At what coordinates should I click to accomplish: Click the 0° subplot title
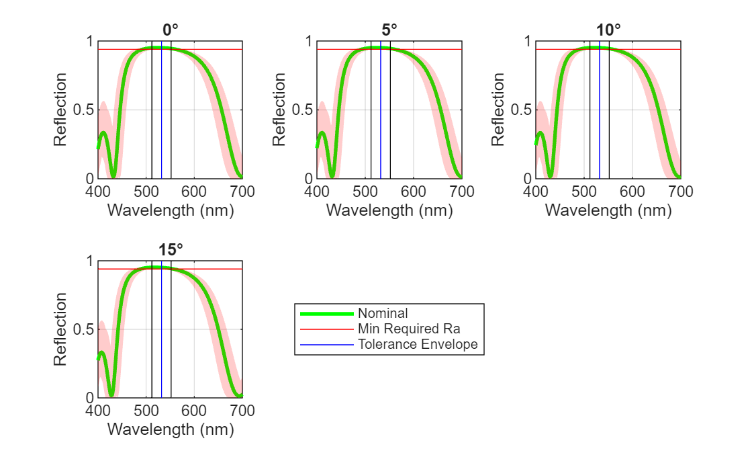point(171,30)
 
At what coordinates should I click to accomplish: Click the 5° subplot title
point(389,30)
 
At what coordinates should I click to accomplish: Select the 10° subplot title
point(608,30)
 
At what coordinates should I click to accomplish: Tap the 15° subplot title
point(171,249)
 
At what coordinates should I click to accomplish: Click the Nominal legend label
point(383,313)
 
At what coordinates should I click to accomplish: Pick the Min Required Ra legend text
point(409,329)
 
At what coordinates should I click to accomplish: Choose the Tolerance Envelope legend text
point(418,344)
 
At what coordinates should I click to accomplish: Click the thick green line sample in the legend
point(326,313)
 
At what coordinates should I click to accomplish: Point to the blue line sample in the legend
point(326,344)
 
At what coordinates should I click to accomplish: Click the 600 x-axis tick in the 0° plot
point(194,192)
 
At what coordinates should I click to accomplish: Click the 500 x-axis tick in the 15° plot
point(146,411)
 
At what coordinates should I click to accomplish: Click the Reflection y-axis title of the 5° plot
point(279,110)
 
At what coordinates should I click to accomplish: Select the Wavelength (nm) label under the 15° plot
point(171,429)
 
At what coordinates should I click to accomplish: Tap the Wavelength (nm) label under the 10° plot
point(608,210)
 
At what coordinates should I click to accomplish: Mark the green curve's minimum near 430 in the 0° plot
point(113,176)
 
